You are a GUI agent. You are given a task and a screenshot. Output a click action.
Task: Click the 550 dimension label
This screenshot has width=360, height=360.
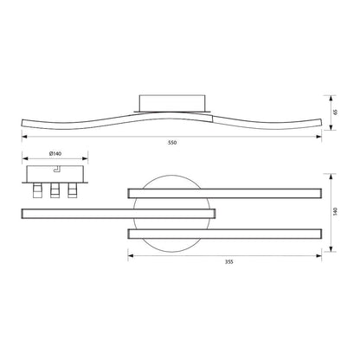click(172, 143)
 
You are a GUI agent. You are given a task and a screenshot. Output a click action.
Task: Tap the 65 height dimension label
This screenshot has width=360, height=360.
click(335, 112)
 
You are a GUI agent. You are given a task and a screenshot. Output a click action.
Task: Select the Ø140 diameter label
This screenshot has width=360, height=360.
click(55, 154)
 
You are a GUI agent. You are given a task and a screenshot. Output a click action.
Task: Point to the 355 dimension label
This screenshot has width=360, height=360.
click(229, 262)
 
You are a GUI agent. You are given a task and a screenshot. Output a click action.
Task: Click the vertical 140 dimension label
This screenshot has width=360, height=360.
click(335, 211)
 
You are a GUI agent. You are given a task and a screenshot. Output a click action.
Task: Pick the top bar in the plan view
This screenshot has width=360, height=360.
click(225, 193)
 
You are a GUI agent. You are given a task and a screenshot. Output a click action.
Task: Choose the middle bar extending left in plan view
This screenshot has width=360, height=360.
click(119, 214)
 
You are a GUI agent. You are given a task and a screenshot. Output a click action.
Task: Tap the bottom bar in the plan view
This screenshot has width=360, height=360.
click(225, 234)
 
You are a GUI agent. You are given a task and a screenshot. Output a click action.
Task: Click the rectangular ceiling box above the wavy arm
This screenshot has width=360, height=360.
click(172, 103)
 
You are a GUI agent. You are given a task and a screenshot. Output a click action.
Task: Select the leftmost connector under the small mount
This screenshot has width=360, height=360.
click(37, 190)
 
